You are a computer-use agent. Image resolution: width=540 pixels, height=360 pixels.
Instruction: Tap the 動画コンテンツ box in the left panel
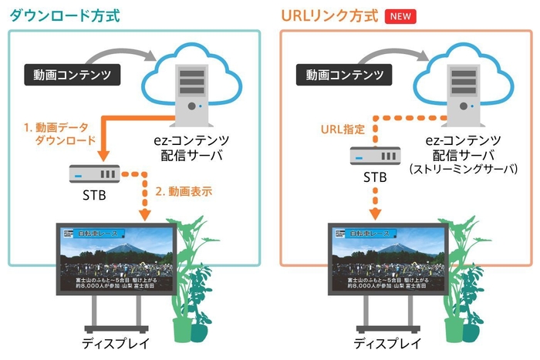[x=74, y=76]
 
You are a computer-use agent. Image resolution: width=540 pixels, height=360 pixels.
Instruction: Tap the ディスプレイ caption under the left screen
[x=116, y=343]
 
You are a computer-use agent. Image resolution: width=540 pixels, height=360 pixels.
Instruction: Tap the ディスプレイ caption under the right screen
[x=387, y=343]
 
